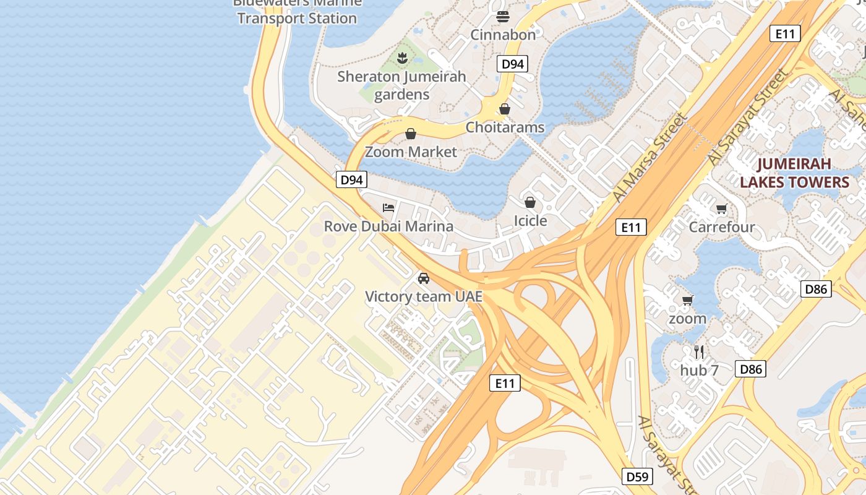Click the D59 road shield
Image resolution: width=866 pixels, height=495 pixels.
click(x=637, y=476)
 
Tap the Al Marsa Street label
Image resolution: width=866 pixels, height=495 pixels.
click(x=649, y=158)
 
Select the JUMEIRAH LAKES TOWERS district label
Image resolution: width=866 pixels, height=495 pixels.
click(x=794, y=173)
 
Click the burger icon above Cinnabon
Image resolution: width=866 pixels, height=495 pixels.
click(x=502, y=16)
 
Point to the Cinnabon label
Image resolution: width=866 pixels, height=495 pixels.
click(x=503, y=35)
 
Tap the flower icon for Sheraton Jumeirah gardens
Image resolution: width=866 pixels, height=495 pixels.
click(x=402, y=59)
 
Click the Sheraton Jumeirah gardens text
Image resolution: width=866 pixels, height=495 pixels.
click(x=401, y=85)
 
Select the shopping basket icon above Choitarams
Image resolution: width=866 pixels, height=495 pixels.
click(x=505, y=109)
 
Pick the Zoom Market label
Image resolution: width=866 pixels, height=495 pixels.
click(x=411, y=152)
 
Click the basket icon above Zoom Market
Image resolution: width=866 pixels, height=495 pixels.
click(x=410, y=134)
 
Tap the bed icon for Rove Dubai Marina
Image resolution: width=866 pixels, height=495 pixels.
click(x=388, y=207)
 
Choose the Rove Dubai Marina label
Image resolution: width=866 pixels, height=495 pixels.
click(x=388, y=226)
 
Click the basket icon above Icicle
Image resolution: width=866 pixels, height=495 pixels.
click(x=530, y=202)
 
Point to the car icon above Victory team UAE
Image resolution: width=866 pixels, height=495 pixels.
click(x=423, y=278)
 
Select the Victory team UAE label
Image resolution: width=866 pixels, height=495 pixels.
click(x=423, y=296)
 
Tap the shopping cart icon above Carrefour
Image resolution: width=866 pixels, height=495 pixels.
click(x=721, y=209)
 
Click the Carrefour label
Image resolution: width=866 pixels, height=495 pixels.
click(x=722, y=227)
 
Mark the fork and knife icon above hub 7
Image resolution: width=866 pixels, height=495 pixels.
click(x=699, y=352)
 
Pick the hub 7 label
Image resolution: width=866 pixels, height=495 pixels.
click(x=699, y=371)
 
